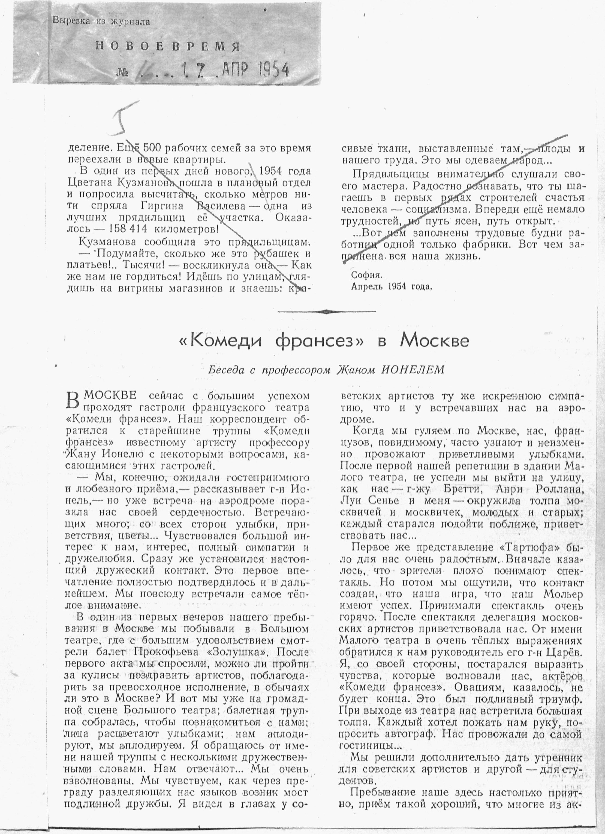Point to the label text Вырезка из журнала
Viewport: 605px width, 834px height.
101,21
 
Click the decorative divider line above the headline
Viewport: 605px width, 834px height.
327,312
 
